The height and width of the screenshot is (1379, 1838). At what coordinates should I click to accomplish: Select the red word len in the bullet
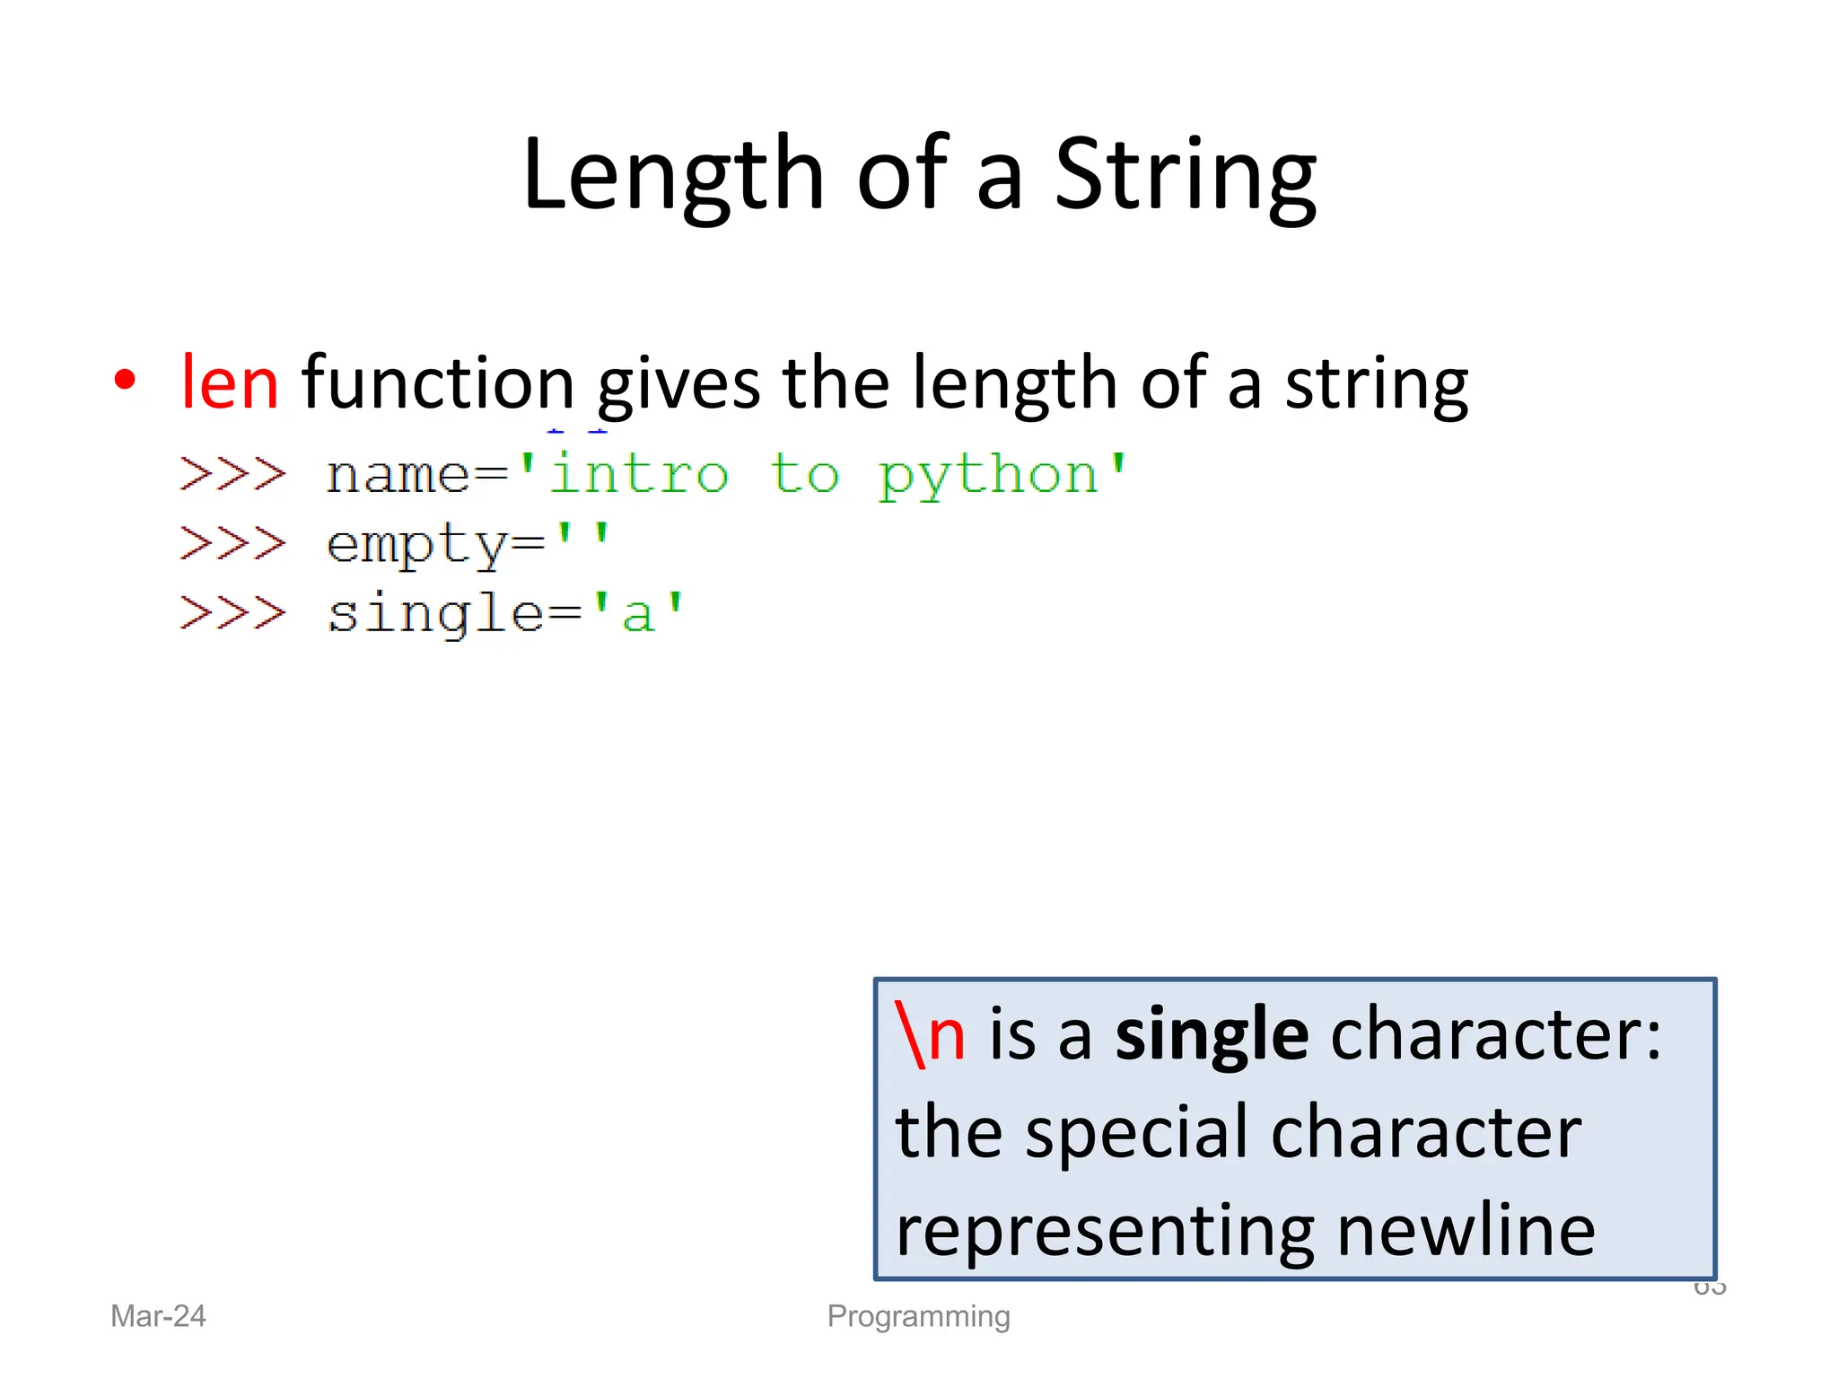pyautogui.click(x=230, y=382)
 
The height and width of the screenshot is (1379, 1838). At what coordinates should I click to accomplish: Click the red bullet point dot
pyautogui.click(x=126, y=380)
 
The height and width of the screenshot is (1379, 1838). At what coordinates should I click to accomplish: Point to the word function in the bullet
pyautogui.click(x=438, y=382)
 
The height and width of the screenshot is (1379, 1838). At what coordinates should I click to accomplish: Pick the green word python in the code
pyautogui.click(x=988, y=476)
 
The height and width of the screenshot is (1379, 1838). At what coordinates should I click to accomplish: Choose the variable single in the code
pyautogui.click(x=436, y=615)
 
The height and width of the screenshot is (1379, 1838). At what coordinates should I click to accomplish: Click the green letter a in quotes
pyautogui.click(x=638, y=615)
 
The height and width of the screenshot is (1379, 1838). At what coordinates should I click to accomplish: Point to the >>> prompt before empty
pyautogui.click(x=232, y=544)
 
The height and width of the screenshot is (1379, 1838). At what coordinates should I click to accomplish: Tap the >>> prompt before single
pyautogui.click(x=232, y=614)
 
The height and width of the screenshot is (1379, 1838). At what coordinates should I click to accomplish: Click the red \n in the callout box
pyautogui.click(x=931, y=1035)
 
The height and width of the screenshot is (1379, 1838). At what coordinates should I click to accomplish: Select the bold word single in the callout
pyautogui.click(x=1212, y=1035)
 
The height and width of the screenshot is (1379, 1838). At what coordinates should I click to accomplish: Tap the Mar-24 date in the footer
pyautogui.click(x=158, y=1316)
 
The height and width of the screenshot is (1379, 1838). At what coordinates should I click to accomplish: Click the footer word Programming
pyautogui.click(x=918, y=1316)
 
